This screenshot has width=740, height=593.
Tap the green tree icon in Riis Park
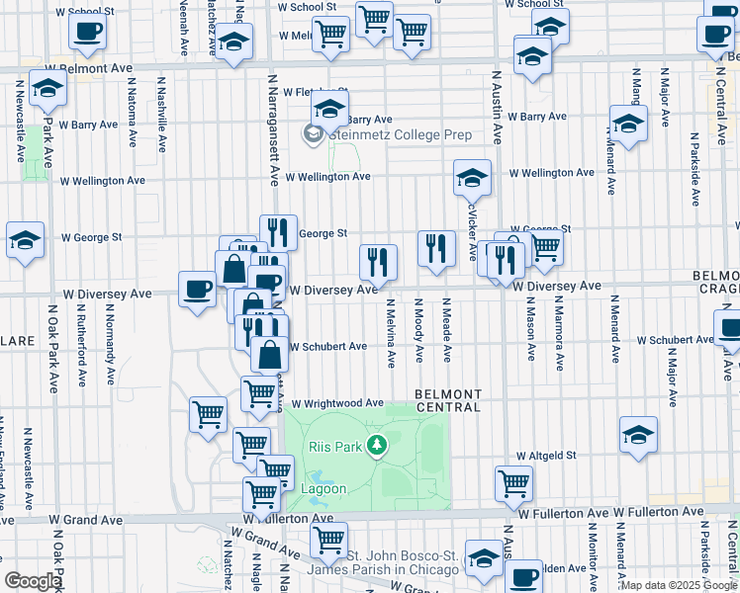tap(376, 448)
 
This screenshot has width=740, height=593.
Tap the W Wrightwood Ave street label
tap(335, 403)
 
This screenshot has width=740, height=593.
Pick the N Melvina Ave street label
tap(391, 333)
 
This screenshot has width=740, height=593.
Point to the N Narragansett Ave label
tap(274, 128)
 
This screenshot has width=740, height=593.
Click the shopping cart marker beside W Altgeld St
tap(513, 483)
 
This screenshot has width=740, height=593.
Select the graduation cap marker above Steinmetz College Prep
tap(330, 113)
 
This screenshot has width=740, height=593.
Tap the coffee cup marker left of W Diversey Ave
tap(198, 290)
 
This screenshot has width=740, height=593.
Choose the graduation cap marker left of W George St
tap(25, 240)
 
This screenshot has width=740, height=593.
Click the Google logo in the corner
tap(33, 581)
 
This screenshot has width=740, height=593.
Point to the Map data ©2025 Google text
tap(679, 585)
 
